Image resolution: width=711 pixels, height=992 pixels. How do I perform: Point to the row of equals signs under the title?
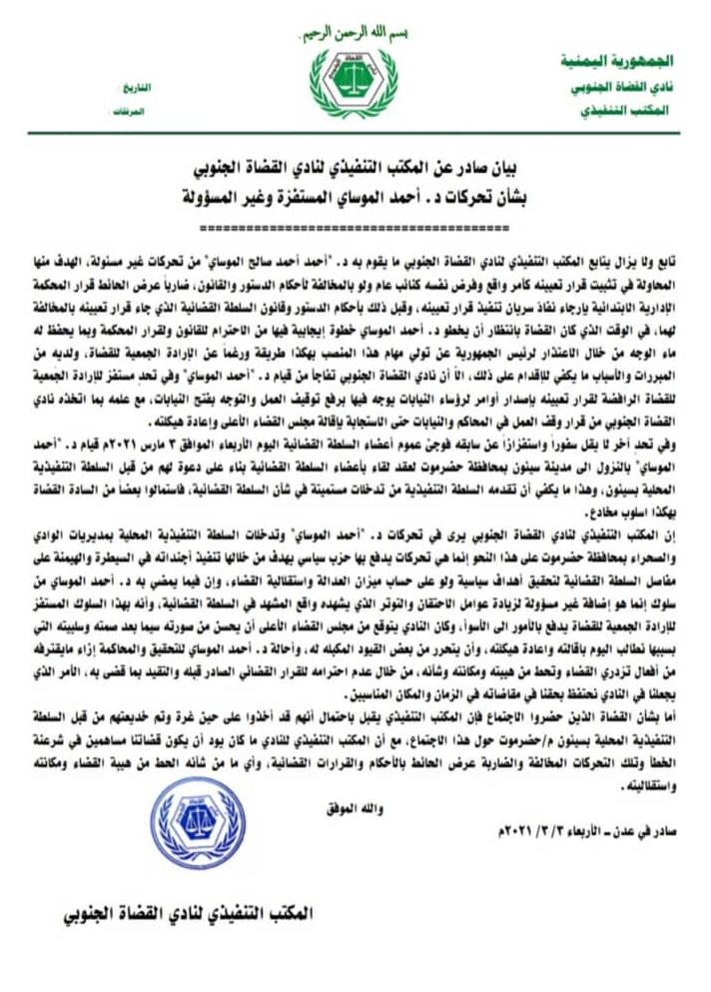pyautogui.click(x=355, y=226)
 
